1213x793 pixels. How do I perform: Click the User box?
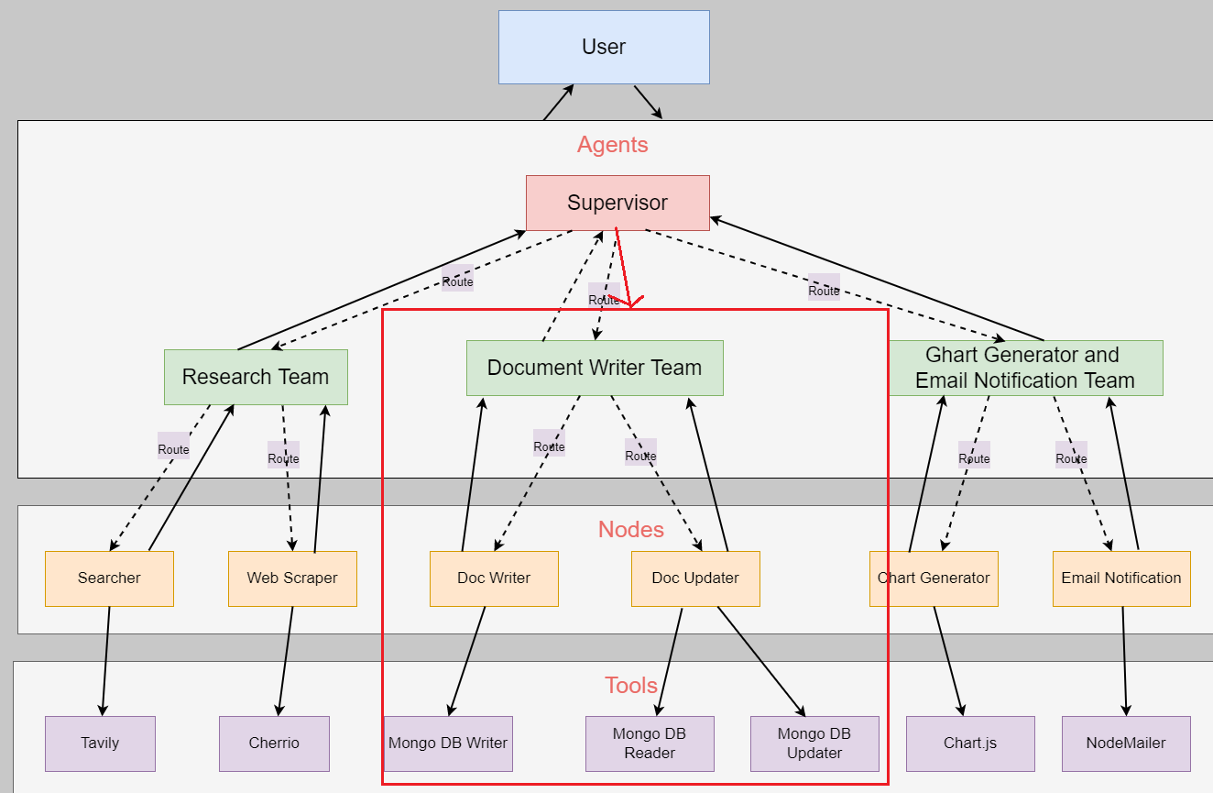point(604,47)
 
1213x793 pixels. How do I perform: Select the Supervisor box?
point(617,203)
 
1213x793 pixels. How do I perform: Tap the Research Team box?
point(257,377)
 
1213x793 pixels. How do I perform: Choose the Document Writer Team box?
point(595,368)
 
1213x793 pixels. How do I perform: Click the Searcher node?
point(109,578)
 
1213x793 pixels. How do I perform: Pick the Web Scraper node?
point(292,578)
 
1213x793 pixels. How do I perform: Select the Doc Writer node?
point(494,578)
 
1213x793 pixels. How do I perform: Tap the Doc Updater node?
point(695,578)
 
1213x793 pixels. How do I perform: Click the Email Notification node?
point(1121,578)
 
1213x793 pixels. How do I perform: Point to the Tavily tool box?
point(100,743)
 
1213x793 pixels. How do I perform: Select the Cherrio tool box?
point(274,743)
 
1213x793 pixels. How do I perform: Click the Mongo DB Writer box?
point(448,743)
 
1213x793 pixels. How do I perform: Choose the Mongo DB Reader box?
point(650,743)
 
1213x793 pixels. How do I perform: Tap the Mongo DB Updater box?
point(814,743)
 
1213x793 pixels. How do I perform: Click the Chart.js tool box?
point(970,743)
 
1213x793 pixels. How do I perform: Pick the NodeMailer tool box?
point(1126,743)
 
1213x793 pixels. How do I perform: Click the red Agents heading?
point(613,145)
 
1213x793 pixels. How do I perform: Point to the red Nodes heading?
point(631,530)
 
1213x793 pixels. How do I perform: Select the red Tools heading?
point(631,686)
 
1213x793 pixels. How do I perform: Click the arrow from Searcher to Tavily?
point(105,661)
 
